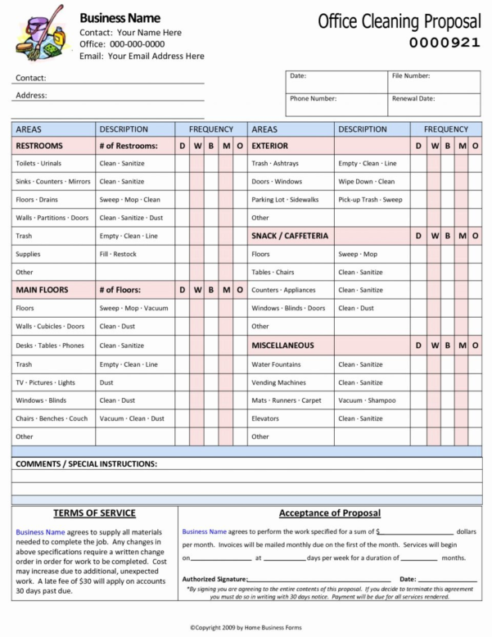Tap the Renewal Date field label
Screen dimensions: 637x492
coord(413,99)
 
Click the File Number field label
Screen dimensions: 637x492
coord(411,76)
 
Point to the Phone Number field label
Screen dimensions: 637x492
coord(313,99)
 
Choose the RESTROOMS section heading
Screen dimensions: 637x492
coord(38,146)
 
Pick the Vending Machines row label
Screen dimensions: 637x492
coord(278,382)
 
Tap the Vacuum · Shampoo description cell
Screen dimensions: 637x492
coord(367,400)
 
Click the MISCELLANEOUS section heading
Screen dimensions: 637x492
coord(282,346)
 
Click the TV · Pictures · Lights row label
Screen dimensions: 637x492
coord(45,382)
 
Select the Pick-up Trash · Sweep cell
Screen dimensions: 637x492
coord(370,200)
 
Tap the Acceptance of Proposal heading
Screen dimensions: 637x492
coord(330,513)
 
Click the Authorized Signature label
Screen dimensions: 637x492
coord(214,579)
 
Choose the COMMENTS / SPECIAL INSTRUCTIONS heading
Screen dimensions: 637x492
coord(86,464)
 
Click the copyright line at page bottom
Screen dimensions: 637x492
coord(245,627)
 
